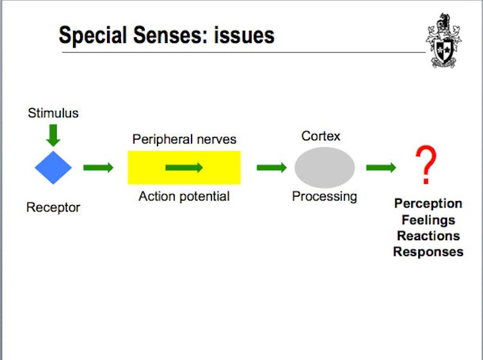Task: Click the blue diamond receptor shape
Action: (x=53, y=168)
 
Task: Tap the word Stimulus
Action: (x=53, y=113)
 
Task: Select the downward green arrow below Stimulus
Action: (x=53, y=135)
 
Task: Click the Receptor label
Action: (x=53, y=208)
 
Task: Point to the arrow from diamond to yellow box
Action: (x=98, y=168)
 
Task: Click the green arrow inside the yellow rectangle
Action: (x=184, y=168)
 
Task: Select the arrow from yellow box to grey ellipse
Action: (x=272, y=168)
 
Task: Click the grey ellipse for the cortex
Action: (x=325, y=168)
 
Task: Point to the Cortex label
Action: (x=321, y=136)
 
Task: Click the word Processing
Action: (x=325, y=197)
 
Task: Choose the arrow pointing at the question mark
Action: (x=381, y=168)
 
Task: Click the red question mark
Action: (x=426, y=165)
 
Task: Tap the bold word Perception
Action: (x=428, y=204)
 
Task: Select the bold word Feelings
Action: (x=429, y=220)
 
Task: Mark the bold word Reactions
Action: (x=429, y=236)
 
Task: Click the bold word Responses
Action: (x=429, y=252)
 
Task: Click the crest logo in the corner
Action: (x=444, y=40)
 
